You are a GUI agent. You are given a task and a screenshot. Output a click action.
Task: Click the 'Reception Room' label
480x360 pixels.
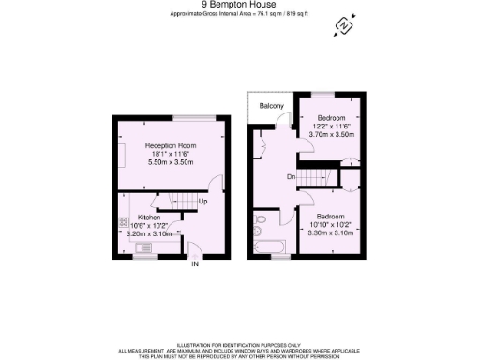tap(169, 146)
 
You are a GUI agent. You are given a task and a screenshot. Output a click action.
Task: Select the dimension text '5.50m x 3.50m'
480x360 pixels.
tap(169, 163)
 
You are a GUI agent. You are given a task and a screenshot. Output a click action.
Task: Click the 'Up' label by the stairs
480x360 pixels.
tap(202, 202)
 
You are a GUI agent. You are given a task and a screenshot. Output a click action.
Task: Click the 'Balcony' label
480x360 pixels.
tap(271, 106)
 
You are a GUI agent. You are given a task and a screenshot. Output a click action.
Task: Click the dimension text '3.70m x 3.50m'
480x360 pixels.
tap(332, 135)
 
